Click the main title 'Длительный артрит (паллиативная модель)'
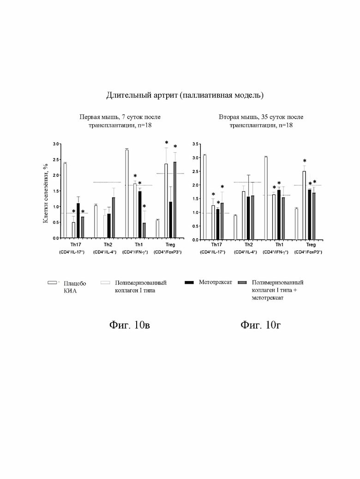[x=185, y=96]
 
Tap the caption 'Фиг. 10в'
[x=130, y=325]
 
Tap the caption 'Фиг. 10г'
[x=260, y=325]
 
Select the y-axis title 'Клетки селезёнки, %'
[x=46, y=193]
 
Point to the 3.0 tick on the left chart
[x=56, y=144]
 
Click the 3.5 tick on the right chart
[x=196, y=144]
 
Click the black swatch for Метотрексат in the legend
[x=189, y=282]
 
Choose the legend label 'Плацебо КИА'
[x=75, y=287]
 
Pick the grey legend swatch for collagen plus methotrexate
[x=242, y=282]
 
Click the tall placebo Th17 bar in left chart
[x=65, y=200]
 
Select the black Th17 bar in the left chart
[x=78, y=220]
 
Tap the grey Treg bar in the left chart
[x=175, y=200]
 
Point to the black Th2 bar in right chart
[x=248, y=218]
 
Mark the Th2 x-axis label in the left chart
[x=108, y=245]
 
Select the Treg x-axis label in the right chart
[x=311, y=245]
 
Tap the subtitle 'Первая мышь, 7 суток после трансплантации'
[x=120, y=121]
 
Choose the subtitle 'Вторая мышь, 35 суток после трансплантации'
[x=261, y=121]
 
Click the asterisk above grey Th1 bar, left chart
[x=144, y=206]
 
